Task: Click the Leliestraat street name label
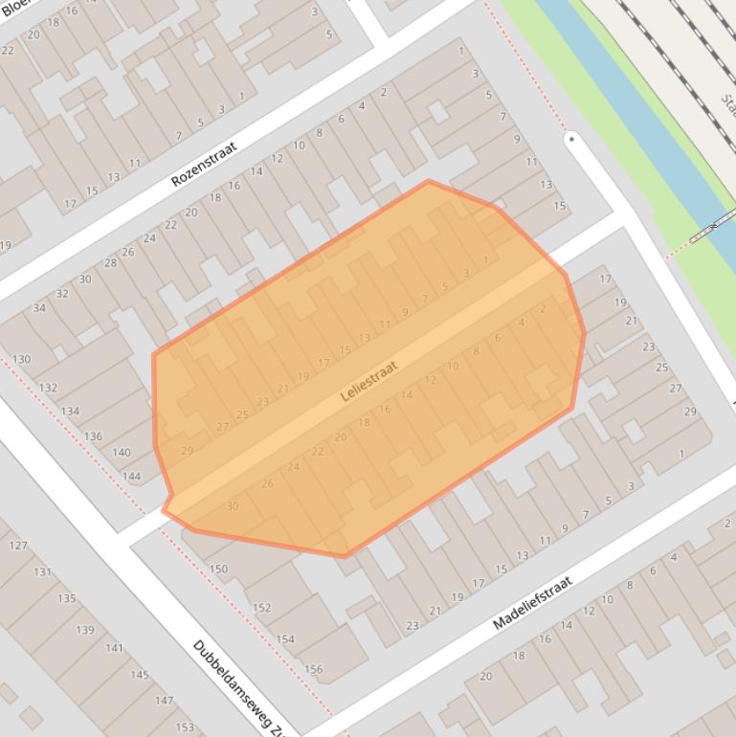(368, 380)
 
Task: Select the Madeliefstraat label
(532, 602)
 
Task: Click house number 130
(21, 360)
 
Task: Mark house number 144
(131, 476)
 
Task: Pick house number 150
(218, 569)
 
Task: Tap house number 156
(313, 669)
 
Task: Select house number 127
(17, 546)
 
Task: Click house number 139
(85, 630)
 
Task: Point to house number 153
(185, 727)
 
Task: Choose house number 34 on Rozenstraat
(39, 308)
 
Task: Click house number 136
(93, 436)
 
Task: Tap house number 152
(261, 608)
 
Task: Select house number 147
(164, 701)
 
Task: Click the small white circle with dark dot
(571, 139)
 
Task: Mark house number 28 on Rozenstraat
(110, 263)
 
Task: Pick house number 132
(48, 388)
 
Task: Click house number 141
(114, 648)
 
